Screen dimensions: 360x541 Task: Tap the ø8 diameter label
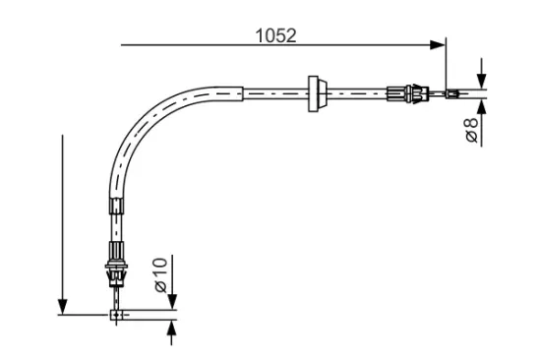pyautogui.click(x=472, y=130)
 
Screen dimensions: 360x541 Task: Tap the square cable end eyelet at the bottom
pyautogui.click(x=116, y=315)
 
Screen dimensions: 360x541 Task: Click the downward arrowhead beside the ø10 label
pyautogui.click(x=173, y=301)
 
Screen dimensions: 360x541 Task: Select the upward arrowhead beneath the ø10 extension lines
pyautogui.click(x=173, y=327)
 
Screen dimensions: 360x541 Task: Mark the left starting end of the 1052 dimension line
pyautogui.click(x=122, y=43)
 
